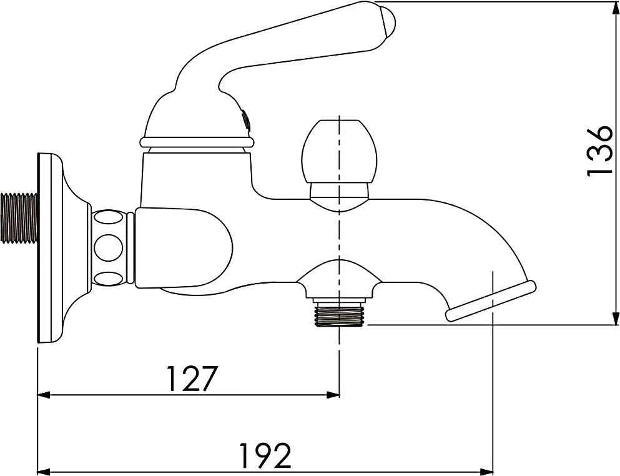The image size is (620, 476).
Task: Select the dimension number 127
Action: pyautogui.click(x=192, y=379)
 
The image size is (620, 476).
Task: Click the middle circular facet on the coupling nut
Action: pyautogui.click(x=108, y=248)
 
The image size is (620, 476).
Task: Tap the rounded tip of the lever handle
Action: pyautogui.click(x=388, y=21)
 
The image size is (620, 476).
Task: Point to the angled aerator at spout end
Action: pyautogui.click(x=491, y=301)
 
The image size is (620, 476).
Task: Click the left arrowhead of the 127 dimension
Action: pyautogui.click(x=44, y=395)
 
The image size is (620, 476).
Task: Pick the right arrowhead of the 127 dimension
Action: pyautogui.click(x=333, y=395)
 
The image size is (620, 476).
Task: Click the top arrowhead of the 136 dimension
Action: pyautogui.click(x=611, y=7)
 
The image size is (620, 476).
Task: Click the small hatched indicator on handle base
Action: pyautogui.click(x=246, y=119)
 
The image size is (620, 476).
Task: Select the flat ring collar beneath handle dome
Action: pyautogui.click(x=197, y=142)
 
